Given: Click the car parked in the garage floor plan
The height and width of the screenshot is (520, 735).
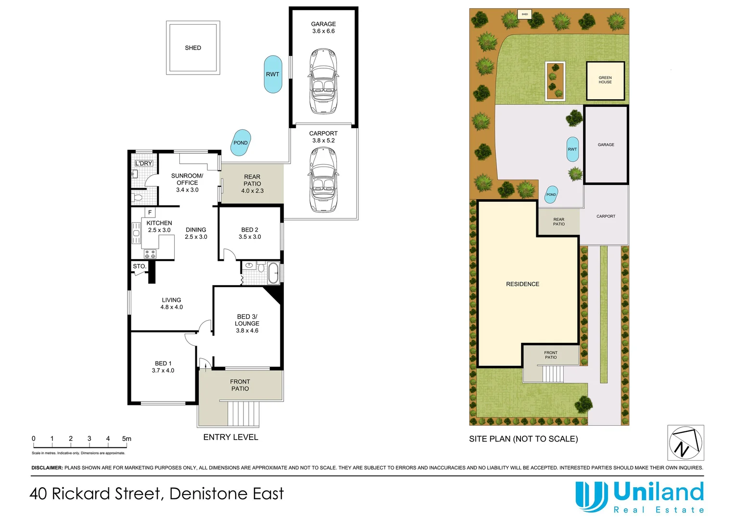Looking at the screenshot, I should (323, 81).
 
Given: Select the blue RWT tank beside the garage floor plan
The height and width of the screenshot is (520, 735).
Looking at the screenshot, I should (273, 74).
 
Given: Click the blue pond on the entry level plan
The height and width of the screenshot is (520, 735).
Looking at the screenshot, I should (241, 143).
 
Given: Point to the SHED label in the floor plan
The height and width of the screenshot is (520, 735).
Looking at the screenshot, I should (193, 48).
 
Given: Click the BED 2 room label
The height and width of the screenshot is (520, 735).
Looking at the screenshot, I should (250, 230).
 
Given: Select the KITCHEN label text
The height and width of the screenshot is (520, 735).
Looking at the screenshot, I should (159, 223).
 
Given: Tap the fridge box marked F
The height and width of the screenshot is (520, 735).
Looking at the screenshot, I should (150, 212).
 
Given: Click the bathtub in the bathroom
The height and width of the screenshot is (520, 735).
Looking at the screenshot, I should (273, 273).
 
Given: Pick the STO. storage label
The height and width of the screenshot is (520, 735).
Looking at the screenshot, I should (139, 266).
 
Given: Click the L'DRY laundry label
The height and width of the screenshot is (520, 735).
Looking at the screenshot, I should (143, 163).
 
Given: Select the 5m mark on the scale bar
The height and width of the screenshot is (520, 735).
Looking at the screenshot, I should (127, 439).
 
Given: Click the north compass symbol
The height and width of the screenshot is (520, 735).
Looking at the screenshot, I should (685, 442).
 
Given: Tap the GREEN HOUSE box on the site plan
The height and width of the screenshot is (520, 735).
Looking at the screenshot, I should (605, 80).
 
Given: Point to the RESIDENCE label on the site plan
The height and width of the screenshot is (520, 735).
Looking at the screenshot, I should (522, 284).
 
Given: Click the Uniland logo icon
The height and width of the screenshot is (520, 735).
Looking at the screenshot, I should (592, 496).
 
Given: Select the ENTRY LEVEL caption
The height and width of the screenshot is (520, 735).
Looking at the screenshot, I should (231, 437).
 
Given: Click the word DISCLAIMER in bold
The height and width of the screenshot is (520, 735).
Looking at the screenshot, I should (47, 468).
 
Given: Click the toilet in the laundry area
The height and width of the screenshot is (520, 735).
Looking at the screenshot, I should (139, 197).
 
